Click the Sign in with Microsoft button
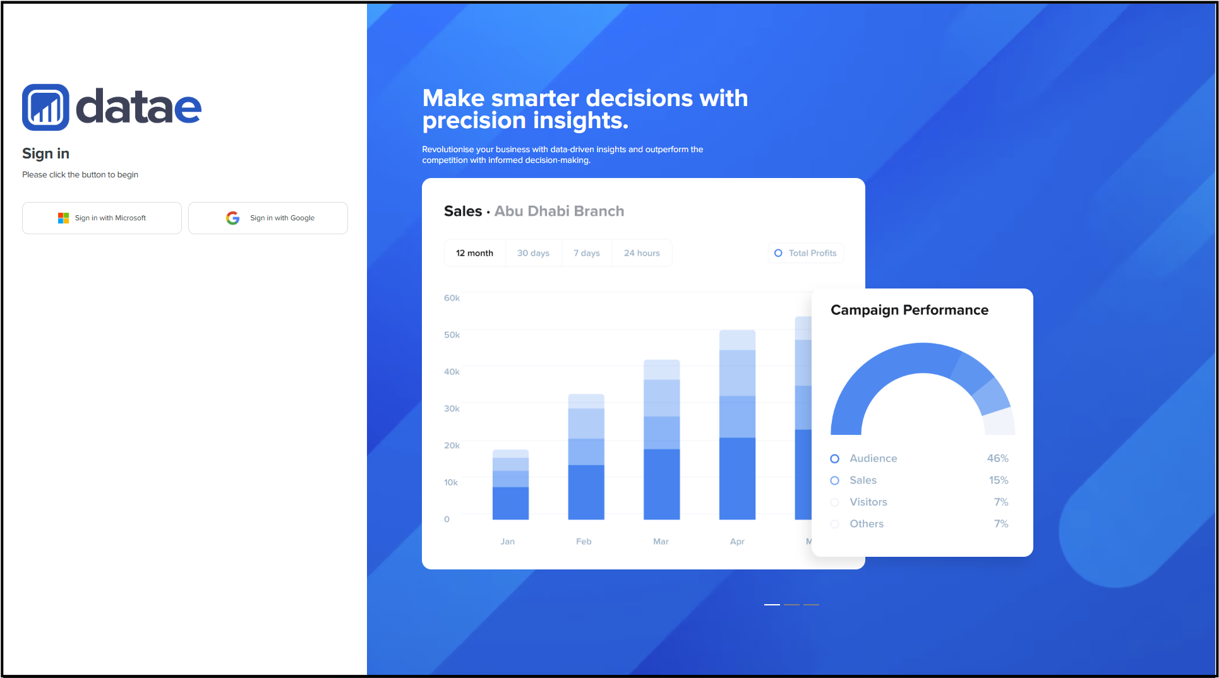[102, 218]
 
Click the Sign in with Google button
[268, 218]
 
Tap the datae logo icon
[45, 107]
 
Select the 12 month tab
[474, 253]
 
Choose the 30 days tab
[533, 253]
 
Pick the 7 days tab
[587, 253]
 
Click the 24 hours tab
[642, 253]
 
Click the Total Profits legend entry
[805, 253]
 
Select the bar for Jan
[510, 484]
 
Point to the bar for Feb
[586, 456]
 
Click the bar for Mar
[662, 439]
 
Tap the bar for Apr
[737, 425]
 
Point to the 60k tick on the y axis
[452, 298]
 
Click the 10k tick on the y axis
[451, 482]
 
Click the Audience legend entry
[863, 458]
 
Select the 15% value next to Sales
[999, 480]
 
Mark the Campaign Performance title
[910, 310]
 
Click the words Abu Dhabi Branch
[559, 211]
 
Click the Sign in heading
[45, 153]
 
